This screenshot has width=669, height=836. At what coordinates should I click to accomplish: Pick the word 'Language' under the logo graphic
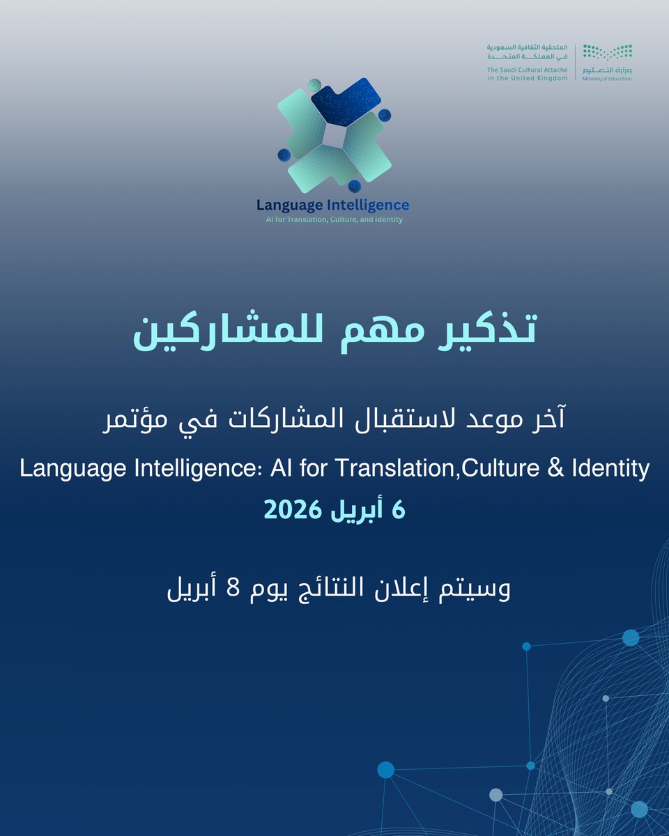click(x=286, y=205)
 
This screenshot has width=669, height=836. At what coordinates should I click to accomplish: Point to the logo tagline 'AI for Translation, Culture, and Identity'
click(x=332, y=219)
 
